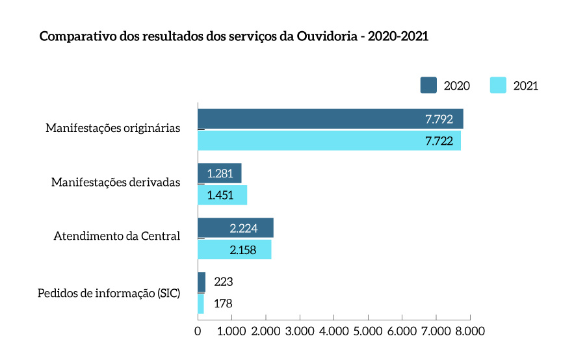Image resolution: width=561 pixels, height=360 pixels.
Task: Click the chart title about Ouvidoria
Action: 234,36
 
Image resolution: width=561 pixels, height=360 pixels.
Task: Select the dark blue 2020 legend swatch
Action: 428,85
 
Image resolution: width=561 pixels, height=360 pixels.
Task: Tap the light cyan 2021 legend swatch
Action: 498,85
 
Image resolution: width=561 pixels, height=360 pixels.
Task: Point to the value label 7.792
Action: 439,119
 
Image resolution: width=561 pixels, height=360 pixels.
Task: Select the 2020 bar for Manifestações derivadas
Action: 219,174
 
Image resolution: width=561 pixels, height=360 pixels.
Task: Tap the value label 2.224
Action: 243,228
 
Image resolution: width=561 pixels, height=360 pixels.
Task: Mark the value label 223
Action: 223,282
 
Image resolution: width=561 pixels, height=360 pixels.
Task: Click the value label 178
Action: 223,303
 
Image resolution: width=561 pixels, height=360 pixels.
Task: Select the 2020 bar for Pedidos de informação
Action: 202,282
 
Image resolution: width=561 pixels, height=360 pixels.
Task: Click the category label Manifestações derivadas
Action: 116,183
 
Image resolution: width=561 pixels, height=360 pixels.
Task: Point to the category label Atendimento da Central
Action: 117,237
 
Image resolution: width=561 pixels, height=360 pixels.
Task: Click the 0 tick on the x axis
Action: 198,331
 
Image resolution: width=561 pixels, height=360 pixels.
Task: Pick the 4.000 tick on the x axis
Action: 333,331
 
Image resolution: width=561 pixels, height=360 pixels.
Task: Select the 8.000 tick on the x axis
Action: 469,331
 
